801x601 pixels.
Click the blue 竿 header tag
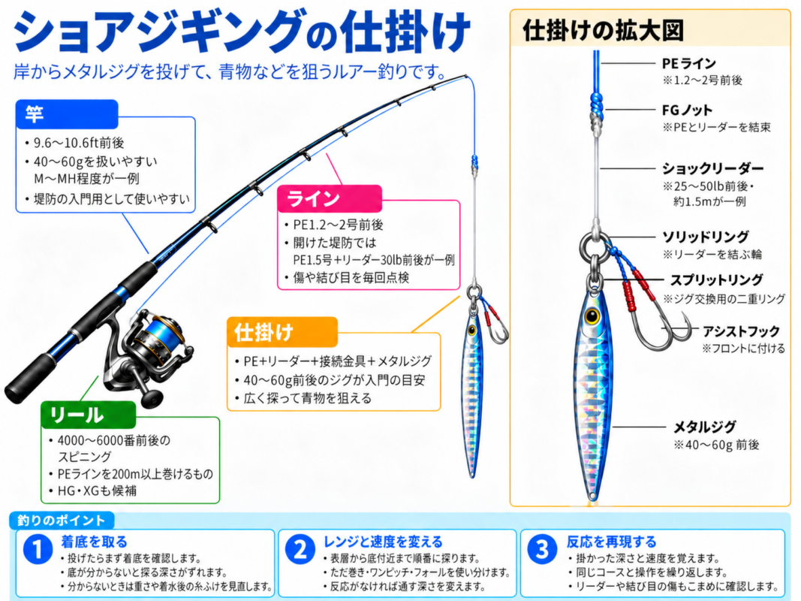point(67,114)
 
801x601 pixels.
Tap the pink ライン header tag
point(330,199)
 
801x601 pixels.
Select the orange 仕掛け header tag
point(282,332)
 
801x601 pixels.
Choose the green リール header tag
point(89,415)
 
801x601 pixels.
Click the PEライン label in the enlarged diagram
point(688,63)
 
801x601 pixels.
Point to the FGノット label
point(687,110)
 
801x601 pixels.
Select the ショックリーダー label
point(712,168)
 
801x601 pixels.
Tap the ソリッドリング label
point(705,237)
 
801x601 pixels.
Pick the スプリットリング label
point(716,280)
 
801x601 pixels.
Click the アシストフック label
point(741,331)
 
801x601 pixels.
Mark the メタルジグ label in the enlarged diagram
point(704,427)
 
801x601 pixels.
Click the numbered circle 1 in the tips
point(38,549)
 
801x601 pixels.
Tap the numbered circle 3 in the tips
point(542,549)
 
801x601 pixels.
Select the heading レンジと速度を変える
point(383,542)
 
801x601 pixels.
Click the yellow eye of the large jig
point(592,316)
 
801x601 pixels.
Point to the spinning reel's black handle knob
point(152,397)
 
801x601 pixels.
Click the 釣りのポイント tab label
point(61,521)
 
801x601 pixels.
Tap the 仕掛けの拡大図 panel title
point(603,30)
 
